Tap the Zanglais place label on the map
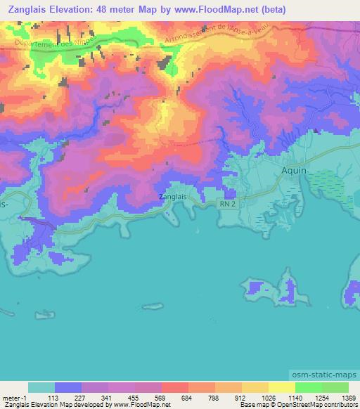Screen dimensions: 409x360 click(173, 197)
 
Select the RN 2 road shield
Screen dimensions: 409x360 click(226, 204)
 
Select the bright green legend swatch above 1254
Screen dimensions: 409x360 click(308, 387)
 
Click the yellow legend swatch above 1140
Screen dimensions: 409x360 click(281, 387)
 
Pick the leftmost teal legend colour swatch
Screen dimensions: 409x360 click(41, 387)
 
